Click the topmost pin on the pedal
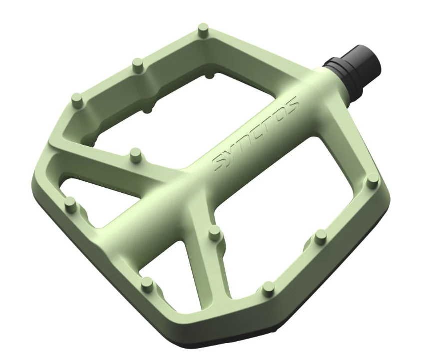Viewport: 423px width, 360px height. click(x=203, y=30)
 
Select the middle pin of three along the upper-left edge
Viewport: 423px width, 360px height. click(x=139, y=65)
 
